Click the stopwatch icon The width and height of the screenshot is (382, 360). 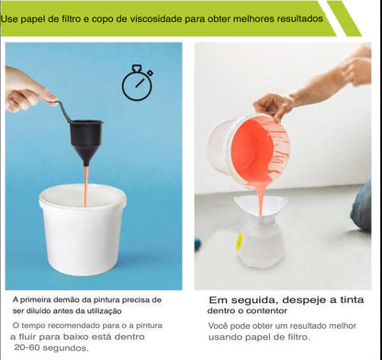coord(137,84)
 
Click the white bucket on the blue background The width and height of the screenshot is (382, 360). coord(83,229)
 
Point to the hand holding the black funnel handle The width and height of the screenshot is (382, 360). coord(26,90)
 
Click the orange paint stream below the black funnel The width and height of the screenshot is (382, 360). coord(86,186)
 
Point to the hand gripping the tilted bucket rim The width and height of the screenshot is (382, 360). coord(274,106)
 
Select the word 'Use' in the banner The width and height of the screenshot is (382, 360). coord(9,19)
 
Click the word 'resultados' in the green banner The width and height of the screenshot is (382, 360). coord(300,18)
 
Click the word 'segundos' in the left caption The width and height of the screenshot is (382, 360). coord(65,348)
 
